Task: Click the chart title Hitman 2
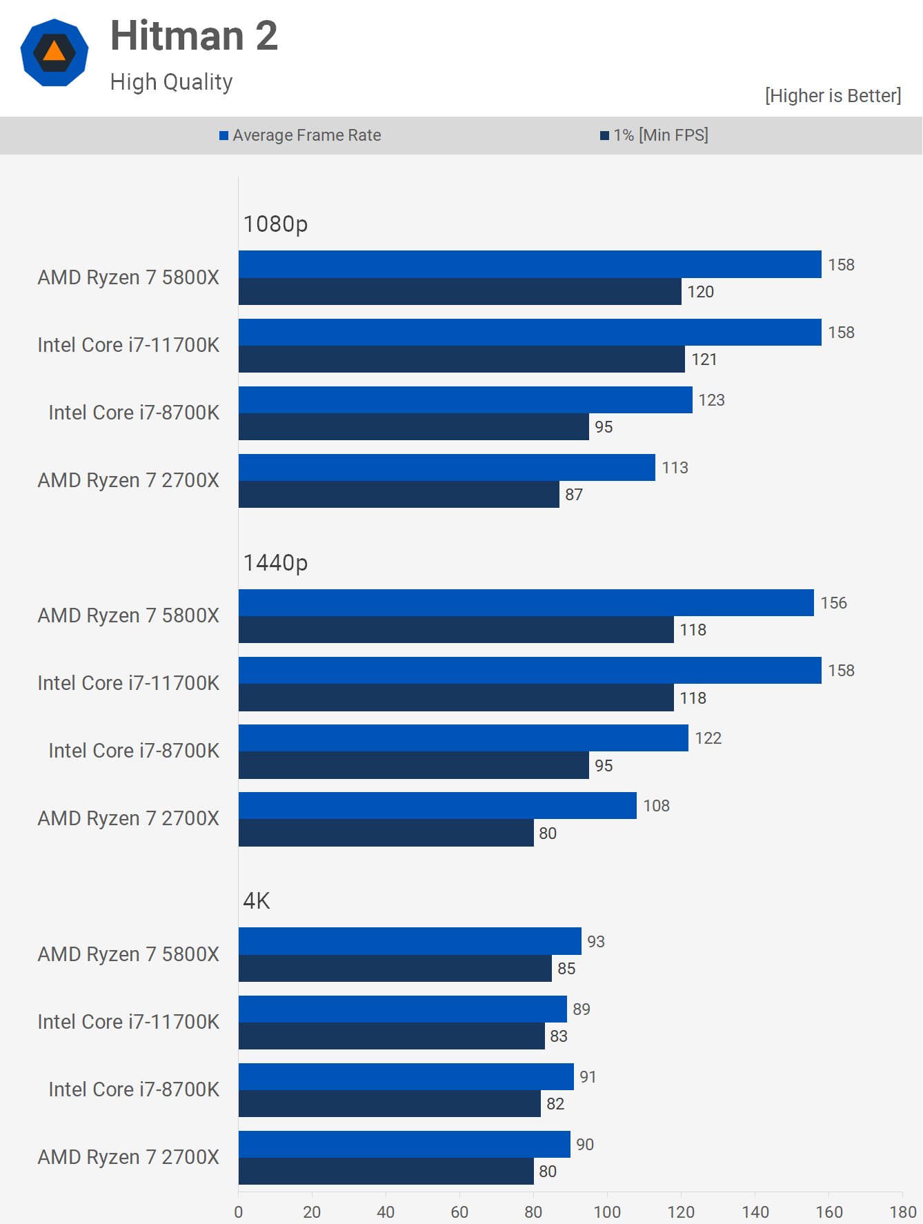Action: tap(194, 36)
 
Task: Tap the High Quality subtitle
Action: tap(171, 82)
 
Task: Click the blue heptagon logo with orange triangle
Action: tap(54, 53)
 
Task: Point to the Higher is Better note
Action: tap(833, 96)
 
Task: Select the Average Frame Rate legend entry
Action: tap(300, 135)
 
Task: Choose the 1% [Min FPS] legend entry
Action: tap(654, 135)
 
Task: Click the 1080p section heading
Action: tap(275, 224)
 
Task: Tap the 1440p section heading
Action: tap(275, 563)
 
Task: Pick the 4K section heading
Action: tap(257, 901)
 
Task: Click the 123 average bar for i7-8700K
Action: tap(465, 400)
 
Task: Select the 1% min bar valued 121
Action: tap(461, 359)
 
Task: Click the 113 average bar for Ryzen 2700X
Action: tap(446, 468)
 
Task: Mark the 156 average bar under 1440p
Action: tap(526, 603)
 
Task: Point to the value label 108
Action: tap(656, 806)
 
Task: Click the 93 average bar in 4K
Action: tap(410, 941)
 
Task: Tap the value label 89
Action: tap(582, 1009)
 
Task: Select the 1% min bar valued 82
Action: tap(389, 1104)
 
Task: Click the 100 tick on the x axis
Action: tap(607, 1212)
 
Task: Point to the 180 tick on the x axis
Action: tap(902, 1212)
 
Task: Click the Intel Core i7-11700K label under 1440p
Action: tap(128, 683)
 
